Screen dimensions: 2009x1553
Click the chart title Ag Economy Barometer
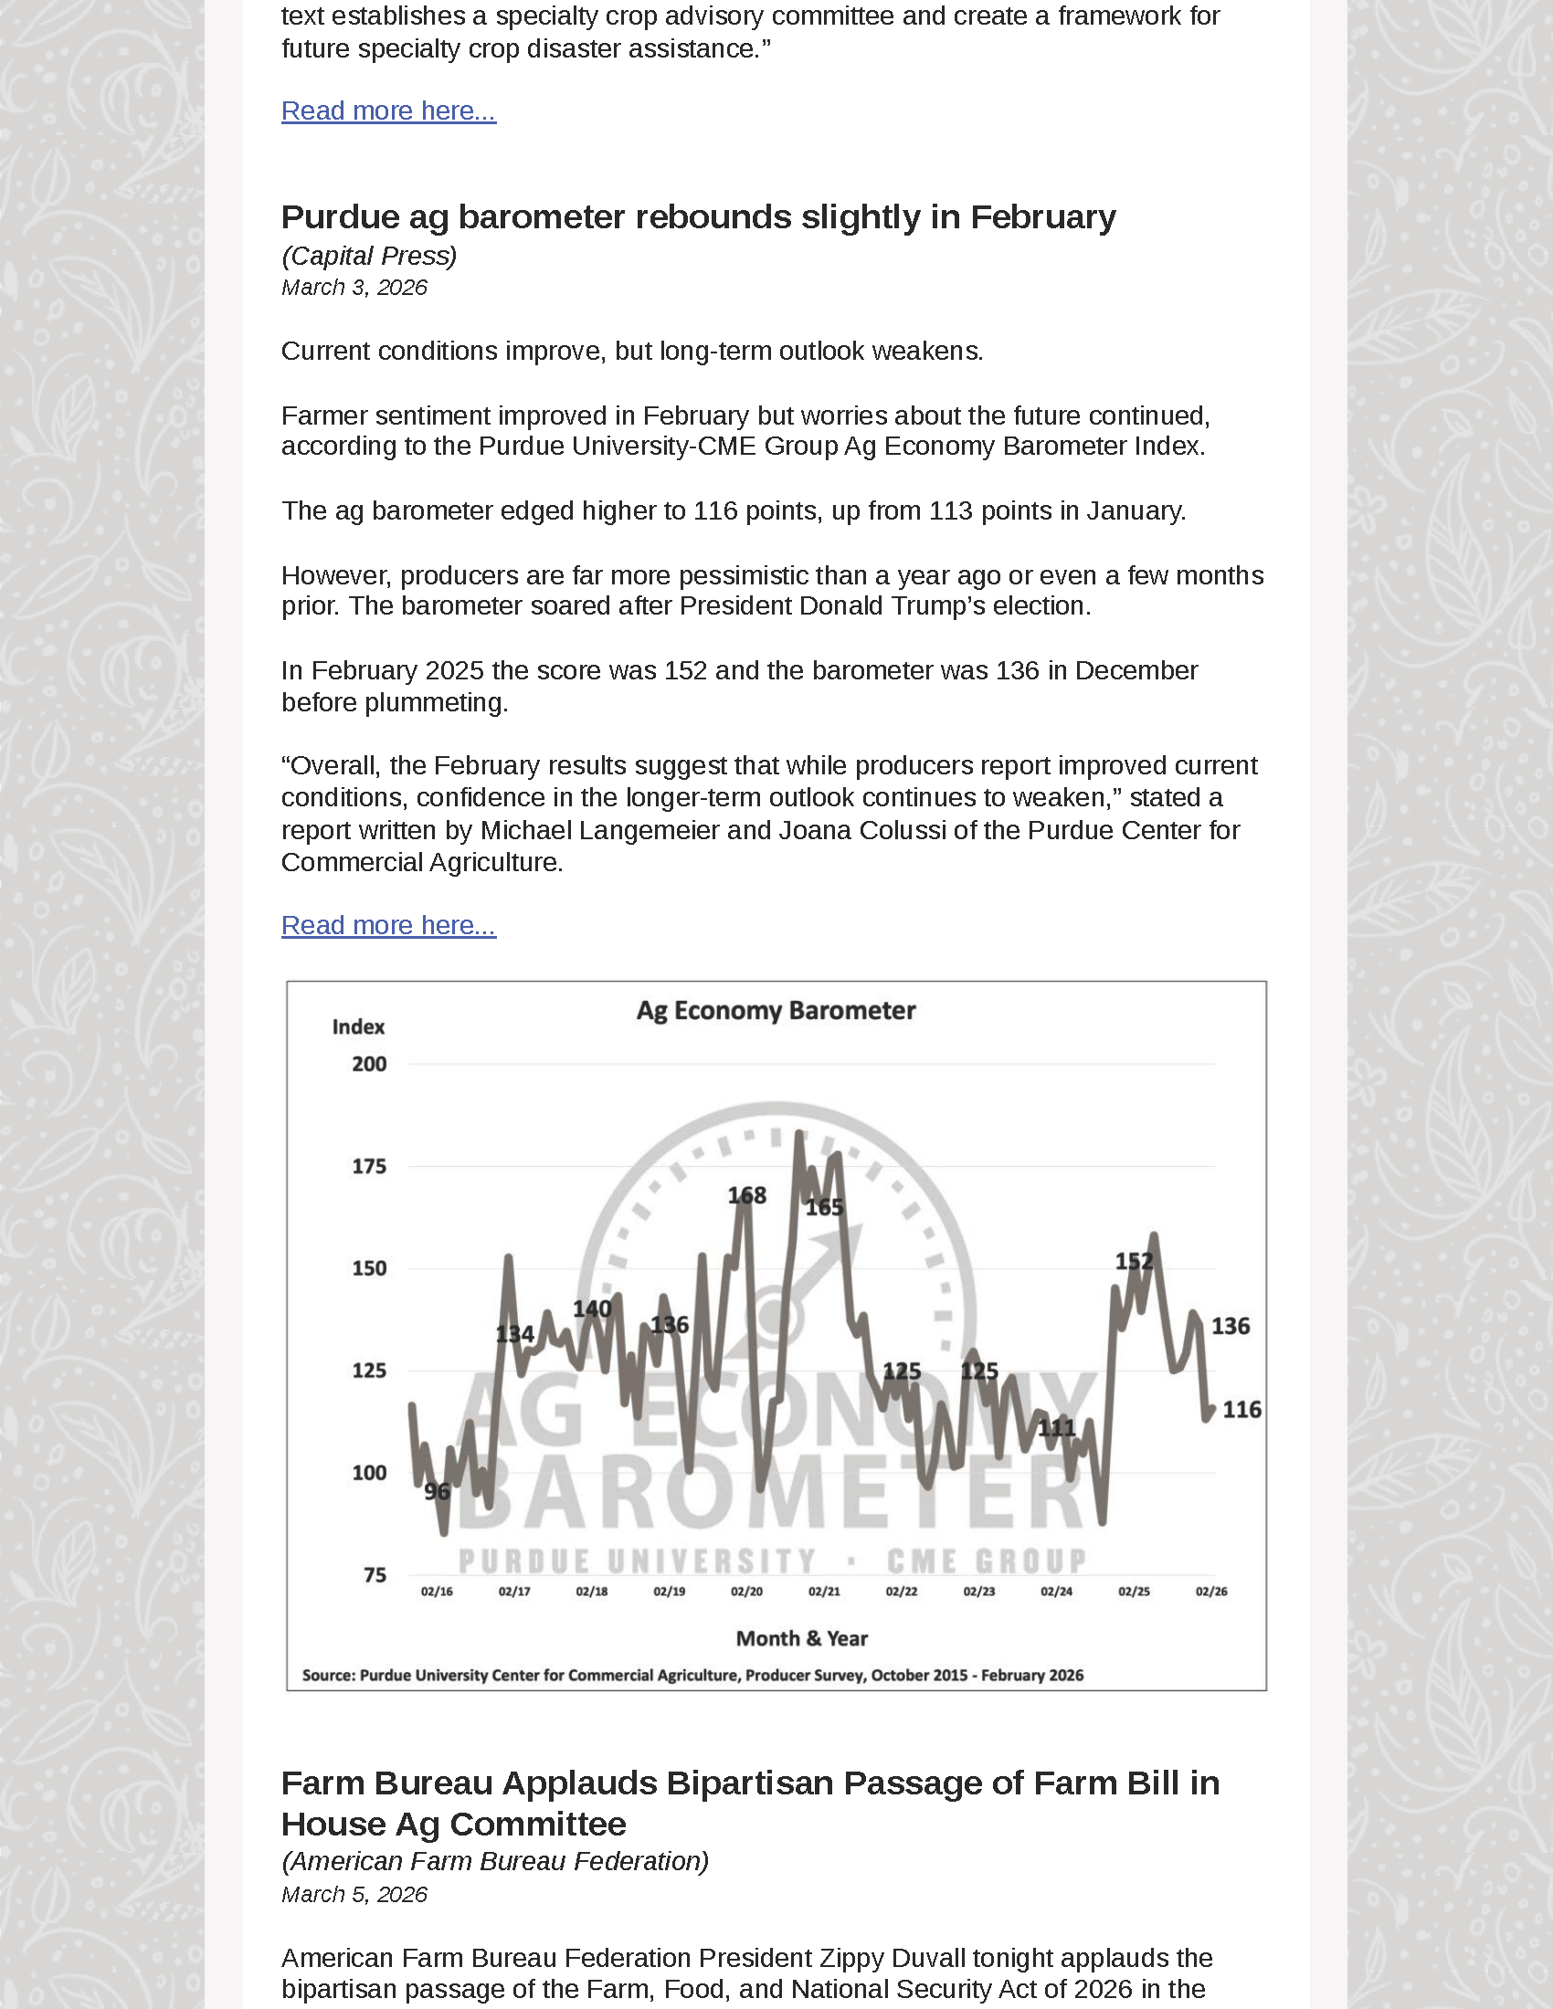pyautogui.click(x=776, y=1010)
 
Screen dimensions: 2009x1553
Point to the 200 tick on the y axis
pyautogui.click(x=369, y=1064)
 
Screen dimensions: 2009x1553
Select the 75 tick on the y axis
pyautogui.click(x=375, y=1575)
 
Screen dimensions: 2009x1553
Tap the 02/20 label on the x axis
pyautogui.click(x=746, y=1592)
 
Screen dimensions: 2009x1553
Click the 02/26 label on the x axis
pyautogui.click(x=1210, y=1592)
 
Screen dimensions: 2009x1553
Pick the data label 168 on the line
pyautogui.click(x=746, y=1195)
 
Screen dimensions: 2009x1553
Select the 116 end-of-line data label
pyautogui.click(x=1241, y=1409)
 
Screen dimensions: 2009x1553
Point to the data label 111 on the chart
pyautogui.click(x=1056, y=1427)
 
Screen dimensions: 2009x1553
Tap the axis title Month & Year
pyautogui.click(x=801, y=1638)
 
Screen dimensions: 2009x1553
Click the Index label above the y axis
pyautogui.click(x=358, y=1026)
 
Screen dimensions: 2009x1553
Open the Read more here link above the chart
pyautogui.click(x=388, y=924)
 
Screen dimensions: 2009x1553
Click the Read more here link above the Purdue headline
pyautogui.click(x=388, y=110)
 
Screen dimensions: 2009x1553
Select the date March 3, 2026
pyautogui.click(x=354, y=288)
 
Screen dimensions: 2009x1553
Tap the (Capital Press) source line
pyautogui.click(x=369, y=256)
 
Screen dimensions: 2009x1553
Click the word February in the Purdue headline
pyautogui.click(x=1042, y=217)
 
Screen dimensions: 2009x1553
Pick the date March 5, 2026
pyautogui.click(x=354, y=1894)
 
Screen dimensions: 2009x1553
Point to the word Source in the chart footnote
pyautogui.click(x=329, y=1675)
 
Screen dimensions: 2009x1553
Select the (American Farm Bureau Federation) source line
pyautogui.click(x=495, y=1861)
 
